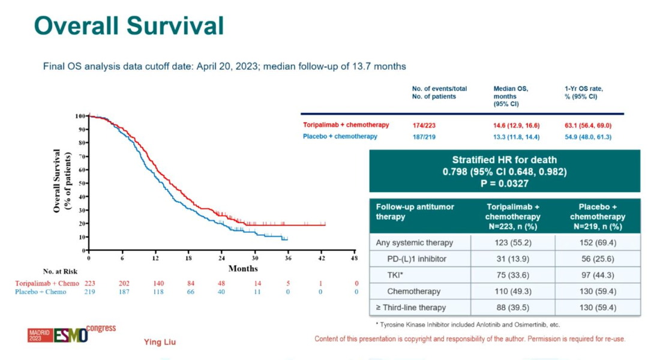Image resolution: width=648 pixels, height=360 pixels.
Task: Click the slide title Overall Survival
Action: pos(129,26)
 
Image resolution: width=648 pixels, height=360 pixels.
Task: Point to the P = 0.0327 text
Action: pos(505,182)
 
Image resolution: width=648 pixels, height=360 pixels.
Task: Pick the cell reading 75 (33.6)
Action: pos(513,275)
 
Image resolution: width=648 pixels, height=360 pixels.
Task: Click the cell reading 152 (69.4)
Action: pos(598,242)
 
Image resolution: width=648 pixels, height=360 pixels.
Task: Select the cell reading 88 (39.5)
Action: pos(513,307)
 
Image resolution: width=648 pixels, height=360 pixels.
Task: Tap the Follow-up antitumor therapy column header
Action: pos(415,211)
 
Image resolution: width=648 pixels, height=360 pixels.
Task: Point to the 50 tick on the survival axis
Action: pos(82,183)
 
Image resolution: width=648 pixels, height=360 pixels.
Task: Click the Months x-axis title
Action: pos(243,269)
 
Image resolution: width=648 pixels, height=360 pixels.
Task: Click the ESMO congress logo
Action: pos(71,334)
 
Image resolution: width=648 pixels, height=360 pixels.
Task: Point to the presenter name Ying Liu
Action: pos(160,342)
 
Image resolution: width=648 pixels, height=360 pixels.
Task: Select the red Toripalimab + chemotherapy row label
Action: pos(346,125)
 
